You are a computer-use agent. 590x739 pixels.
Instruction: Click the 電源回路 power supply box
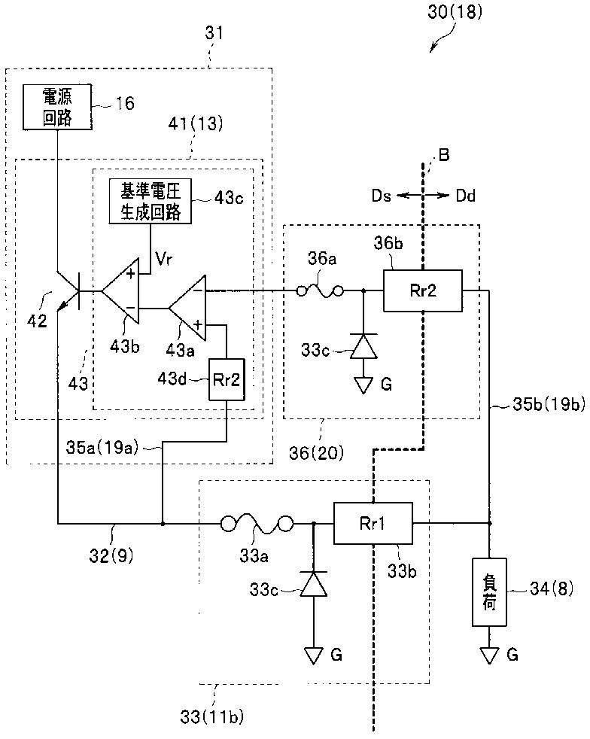tap(57, 107)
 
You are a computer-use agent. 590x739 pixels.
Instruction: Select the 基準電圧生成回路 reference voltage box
tap(151, 201)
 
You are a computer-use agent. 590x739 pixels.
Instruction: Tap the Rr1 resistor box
tap(373, 523)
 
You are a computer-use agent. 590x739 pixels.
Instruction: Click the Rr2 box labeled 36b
tap(423, 290)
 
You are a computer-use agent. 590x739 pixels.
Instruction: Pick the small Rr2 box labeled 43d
tap(227, 379)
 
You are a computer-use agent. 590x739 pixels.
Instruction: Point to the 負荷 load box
tap(490, 592)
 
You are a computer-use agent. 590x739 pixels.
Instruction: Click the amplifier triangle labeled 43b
tap(121, 290)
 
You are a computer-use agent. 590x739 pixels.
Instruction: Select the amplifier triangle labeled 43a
tap(187, 308)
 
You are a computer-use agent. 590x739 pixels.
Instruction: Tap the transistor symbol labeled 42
tap(68, 290)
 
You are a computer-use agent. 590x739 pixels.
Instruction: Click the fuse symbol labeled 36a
tap(321, 291)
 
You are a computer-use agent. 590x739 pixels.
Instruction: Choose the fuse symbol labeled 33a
tap(257, 524)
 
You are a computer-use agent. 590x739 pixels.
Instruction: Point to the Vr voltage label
tap(163, 258)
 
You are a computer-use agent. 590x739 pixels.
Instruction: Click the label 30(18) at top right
tap(455, 11)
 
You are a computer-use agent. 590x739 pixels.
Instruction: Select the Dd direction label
tap(465, 195)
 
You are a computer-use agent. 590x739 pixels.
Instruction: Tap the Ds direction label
tap(382, 195)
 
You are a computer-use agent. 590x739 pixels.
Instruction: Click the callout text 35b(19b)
tap(549, 404)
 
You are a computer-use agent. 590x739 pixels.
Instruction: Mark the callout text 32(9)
tap(111, 555)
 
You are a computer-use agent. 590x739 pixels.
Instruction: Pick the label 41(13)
tap(196, 123)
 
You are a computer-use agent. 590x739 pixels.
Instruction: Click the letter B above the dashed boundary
tap(444, 154)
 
